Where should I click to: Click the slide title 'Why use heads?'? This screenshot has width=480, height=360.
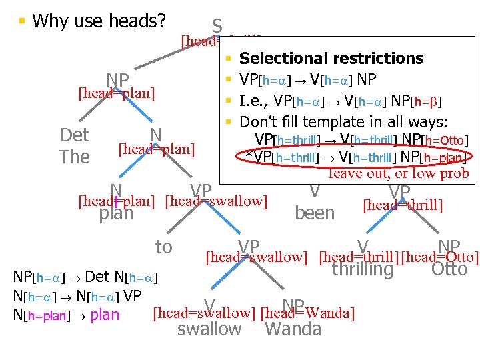pyautogui.click(x=99, y=21)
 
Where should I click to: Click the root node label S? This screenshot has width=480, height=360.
pyautogui.click(x=217, y=26)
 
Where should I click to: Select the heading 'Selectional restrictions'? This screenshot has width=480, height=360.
pyautogui.click(x=331, y=59)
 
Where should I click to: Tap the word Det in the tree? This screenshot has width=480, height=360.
pyautogui.click(x=74, y=135)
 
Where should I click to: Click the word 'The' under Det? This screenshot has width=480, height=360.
pyautogui.click(x=74, y=157)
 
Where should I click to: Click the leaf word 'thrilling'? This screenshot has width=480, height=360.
pyautogui.click(x=363, y=269)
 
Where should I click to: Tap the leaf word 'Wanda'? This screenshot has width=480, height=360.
pyautogui.click(x=293, y=329)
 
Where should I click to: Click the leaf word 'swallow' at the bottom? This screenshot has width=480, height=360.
pyautogui.click(x=209, y=329)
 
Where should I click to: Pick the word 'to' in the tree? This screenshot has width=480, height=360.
pyautogui.click(x=163, y=247)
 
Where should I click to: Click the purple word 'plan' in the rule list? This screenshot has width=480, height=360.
pyautogui.click(x=105, y=315)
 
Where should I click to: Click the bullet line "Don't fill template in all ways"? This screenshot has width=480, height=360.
pyautogui.click(x=344, y=122)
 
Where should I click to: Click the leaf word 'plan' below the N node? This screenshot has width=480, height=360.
pyautogui.click(x=116, y=214)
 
